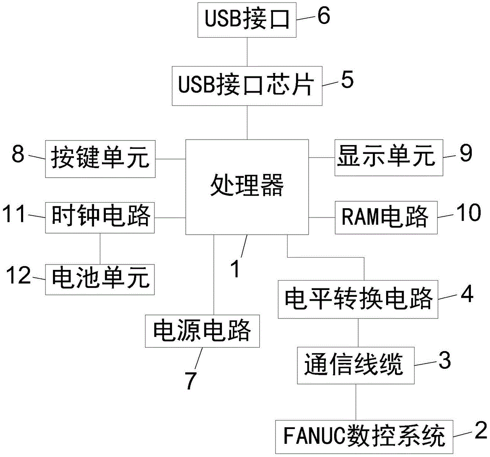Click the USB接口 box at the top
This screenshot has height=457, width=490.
247,21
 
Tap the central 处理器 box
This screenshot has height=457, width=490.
247,186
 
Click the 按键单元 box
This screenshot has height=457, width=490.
100,159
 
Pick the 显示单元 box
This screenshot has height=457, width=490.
389,158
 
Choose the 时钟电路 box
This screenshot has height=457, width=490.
100,216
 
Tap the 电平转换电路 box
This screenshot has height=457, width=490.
358,297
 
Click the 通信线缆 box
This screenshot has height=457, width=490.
355,365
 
